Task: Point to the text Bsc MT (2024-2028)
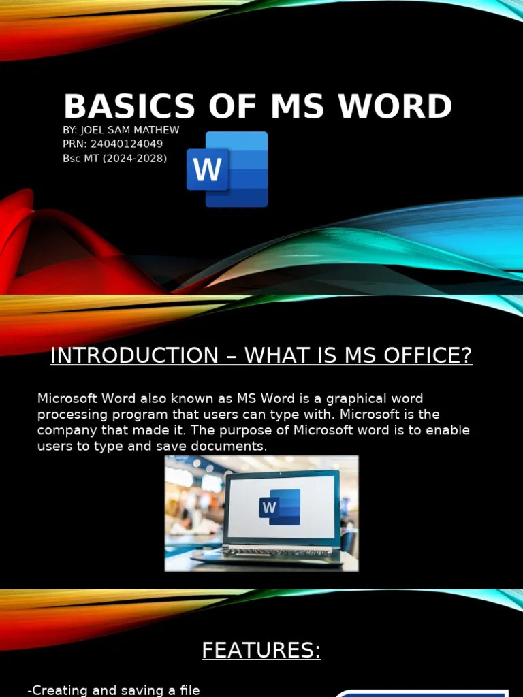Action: click(114, 158)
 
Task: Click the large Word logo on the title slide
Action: click(227, 169)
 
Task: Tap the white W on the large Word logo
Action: click(207, 169)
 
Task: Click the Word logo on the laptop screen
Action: click(279, 507)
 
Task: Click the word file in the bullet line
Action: click(189, 690)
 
